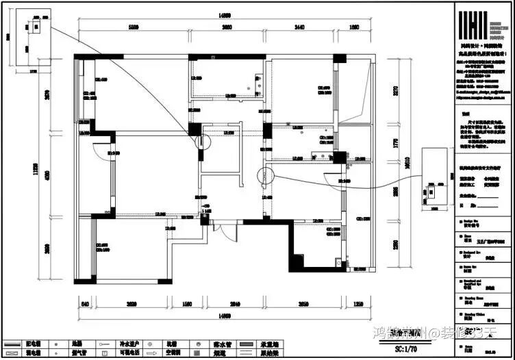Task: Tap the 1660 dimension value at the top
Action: [x=353, y=27]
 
